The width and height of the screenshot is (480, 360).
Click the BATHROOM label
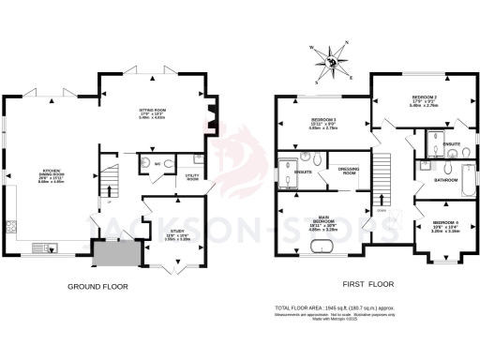[444, 178]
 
